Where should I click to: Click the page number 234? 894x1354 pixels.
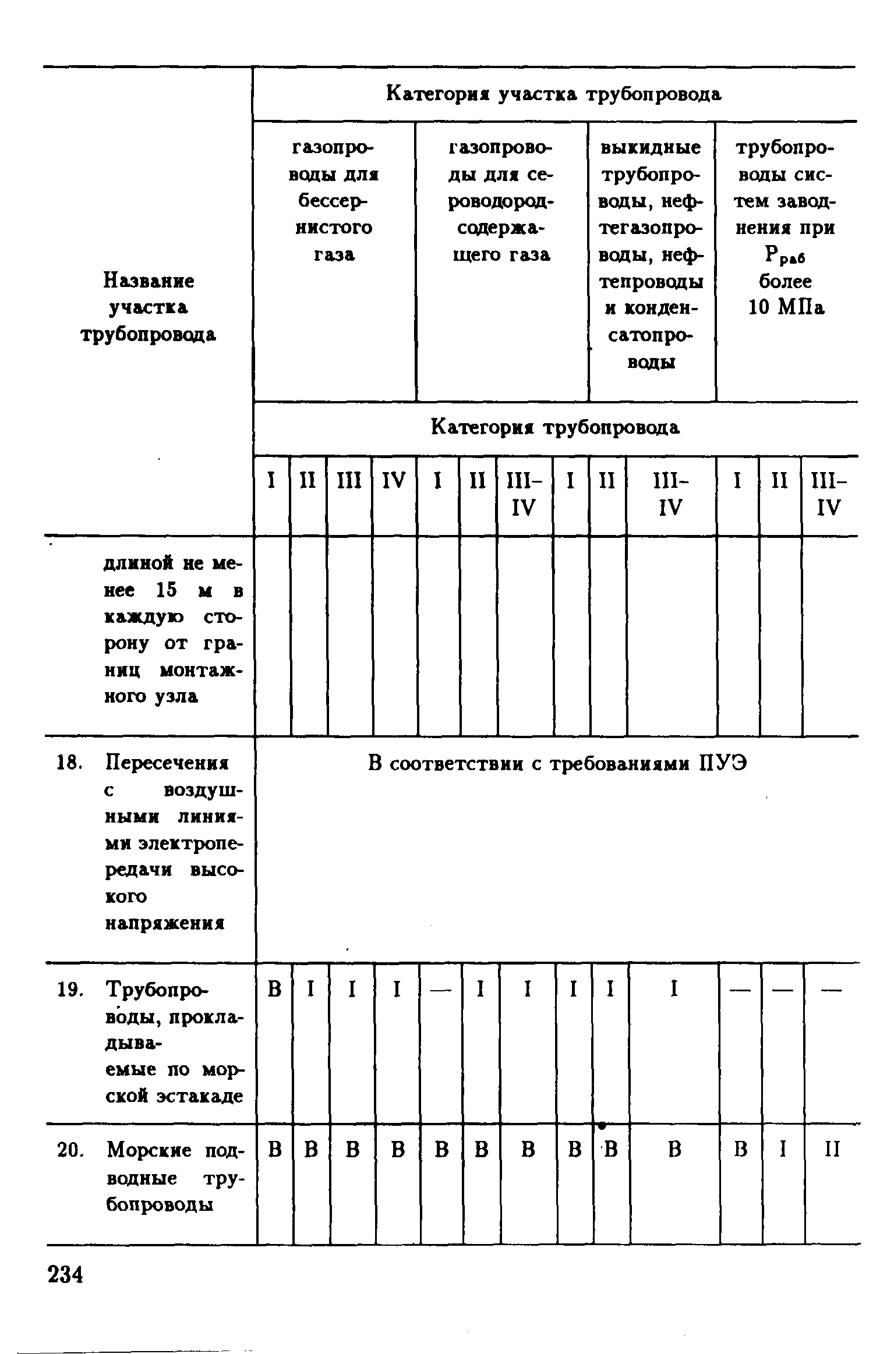[x=65, y=1275]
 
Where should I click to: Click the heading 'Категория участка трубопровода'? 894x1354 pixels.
[x=554, y=94]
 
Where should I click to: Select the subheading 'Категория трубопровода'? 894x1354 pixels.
[x=554, y=428]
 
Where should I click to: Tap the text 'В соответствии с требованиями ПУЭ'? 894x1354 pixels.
[x=557, y=763]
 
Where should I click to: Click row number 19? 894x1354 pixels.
[x=66, y=989]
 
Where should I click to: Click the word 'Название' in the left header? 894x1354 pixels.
[x=149, y=281]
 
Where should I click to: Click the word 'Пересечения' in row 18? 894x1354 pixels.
[x=167, y=763]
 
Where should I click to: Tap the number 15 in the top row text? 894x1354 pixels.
[x=166, y=590]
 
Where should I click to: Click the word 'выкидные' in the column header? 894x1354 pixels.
[x=651, y=148]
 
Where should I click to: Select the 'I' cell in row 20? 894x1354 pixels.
[x=782, y=1150]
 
